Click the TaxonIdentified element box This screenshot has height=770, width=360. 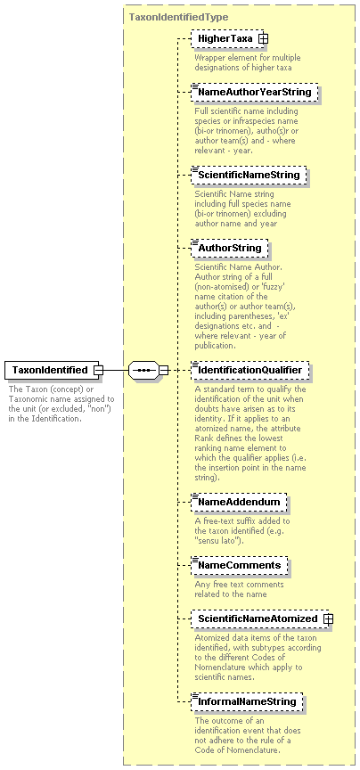point(52,370)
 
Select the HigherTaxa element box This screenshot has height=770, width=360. point(227,38)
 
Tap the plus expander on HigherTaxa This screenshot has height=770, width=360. point(263,38)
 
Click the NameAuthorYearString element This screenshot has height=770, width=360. point(255,92)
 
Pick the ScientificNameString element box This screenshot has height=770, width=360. point(249,175)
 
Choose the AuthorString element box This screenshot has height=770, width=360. point(229,248)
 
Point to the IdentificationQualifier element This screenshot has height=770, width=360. point(250,370)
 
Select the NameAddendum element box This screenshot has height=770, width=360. point(239,502)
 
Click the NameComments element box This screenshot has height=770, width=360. point(239,565)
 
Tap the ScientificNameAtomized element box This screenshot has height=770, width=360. point(259,618)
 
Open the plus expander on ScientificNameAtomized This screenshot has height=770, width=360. point(328,618)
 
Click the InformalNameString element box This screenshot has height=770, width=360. point(247,701)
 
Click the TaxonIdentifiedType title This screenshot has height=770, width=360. point(178,17)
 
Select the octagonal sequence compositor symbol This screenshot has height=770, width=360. point(143,370)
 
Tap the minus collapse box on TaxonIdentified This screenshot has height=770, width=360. point(99,370)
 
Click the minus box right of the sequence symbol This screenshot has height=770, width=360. point(164,370)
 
